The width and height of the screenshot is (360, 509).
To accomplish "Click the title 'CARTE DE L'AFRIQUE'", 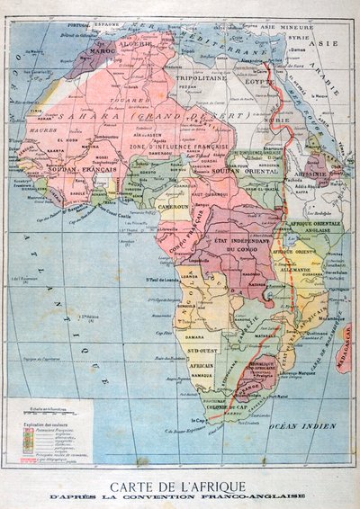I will click(x=180, y=482).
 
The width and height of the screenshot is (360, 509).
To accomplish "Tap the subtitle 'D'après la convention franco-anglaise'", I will click(x=180, y=496).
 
